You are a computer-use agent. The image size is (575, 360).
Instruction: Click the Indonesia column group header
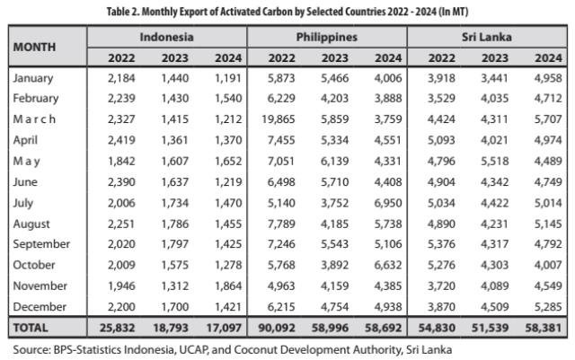point(167,39)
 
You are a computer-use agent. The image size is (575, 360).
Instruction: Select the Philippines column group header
point(326,39)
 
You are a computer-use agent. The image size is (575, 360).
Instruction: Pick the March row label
point(35,119)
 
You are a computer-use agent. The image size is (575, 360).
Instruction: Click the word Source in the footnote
point(31,348)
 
